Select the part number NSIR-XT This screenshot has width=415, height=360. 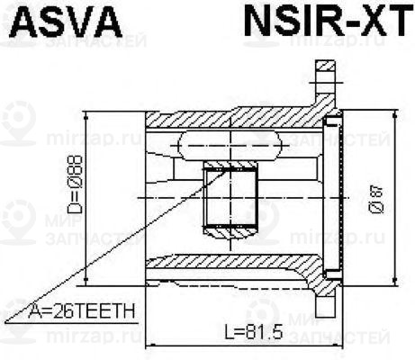point(325,22)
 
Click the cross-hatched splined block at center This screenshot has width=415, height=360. point(230,198)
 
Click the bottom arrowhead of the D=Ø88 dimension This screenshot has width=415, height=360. point(86,274)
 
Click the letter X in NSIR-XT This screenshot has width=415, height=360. point(364,22)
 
